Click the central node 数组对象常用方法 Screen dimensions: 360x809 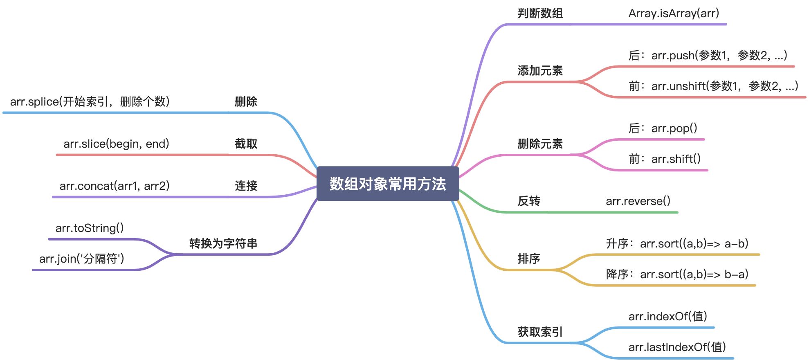tap(388, 184)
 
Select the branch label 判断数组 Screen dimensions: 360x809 tap(540, 13)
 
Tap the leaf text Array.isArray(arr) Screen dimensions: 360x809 tap(674, 13)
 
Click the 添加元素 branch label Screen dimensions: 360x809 tap(540, 71)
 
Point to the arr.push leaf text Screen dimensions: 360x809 tap(708, 55)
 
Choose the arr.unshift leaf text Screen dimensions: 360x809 tap(713, 86)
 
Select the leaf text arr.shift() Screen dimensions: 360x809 tap(664, 159)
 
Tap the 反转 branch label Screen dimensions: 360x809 tap(529, 201)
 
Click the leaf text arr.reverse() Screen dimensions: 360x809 tap(638, 201)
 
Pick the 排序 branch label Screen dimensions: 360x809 tap(529, 259)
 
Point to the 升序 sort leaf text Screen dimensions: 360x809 tap(677, 244)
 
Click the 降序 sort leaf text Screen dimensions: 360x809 tap(677, 274)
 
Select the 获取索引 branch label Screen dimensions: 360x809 tap(540, 332)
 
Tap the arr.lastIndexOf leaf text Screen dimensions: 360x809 tap(677, 347)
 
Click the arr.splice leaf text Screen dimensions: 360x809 tap(90, 101)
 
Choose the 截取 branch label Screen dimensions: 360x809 tap(246, 144)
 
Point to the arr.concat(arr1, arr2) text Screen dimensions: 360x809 tap(115, 186)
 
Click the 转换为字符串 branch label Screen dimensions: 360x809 tap(223, 243)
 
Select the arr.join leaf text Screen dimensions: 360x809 tap(81, 259)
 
